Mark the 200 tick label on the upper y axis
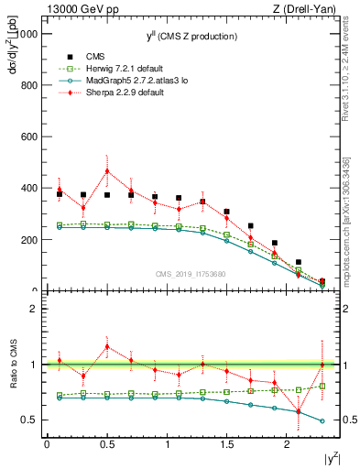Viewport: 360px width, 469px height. click(x=30, y=240)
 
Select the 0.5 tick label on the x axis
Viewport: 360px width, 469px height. click(x=107, y=444)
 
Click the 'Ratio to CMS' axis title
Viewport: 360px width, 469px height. click(x=11, y=365)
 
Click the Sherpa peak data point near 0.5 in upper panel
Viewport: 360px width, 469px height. click(x=107, y=171)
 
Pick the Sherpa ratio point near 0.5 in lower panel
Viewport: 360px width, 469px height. click(x=107, y=346)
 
